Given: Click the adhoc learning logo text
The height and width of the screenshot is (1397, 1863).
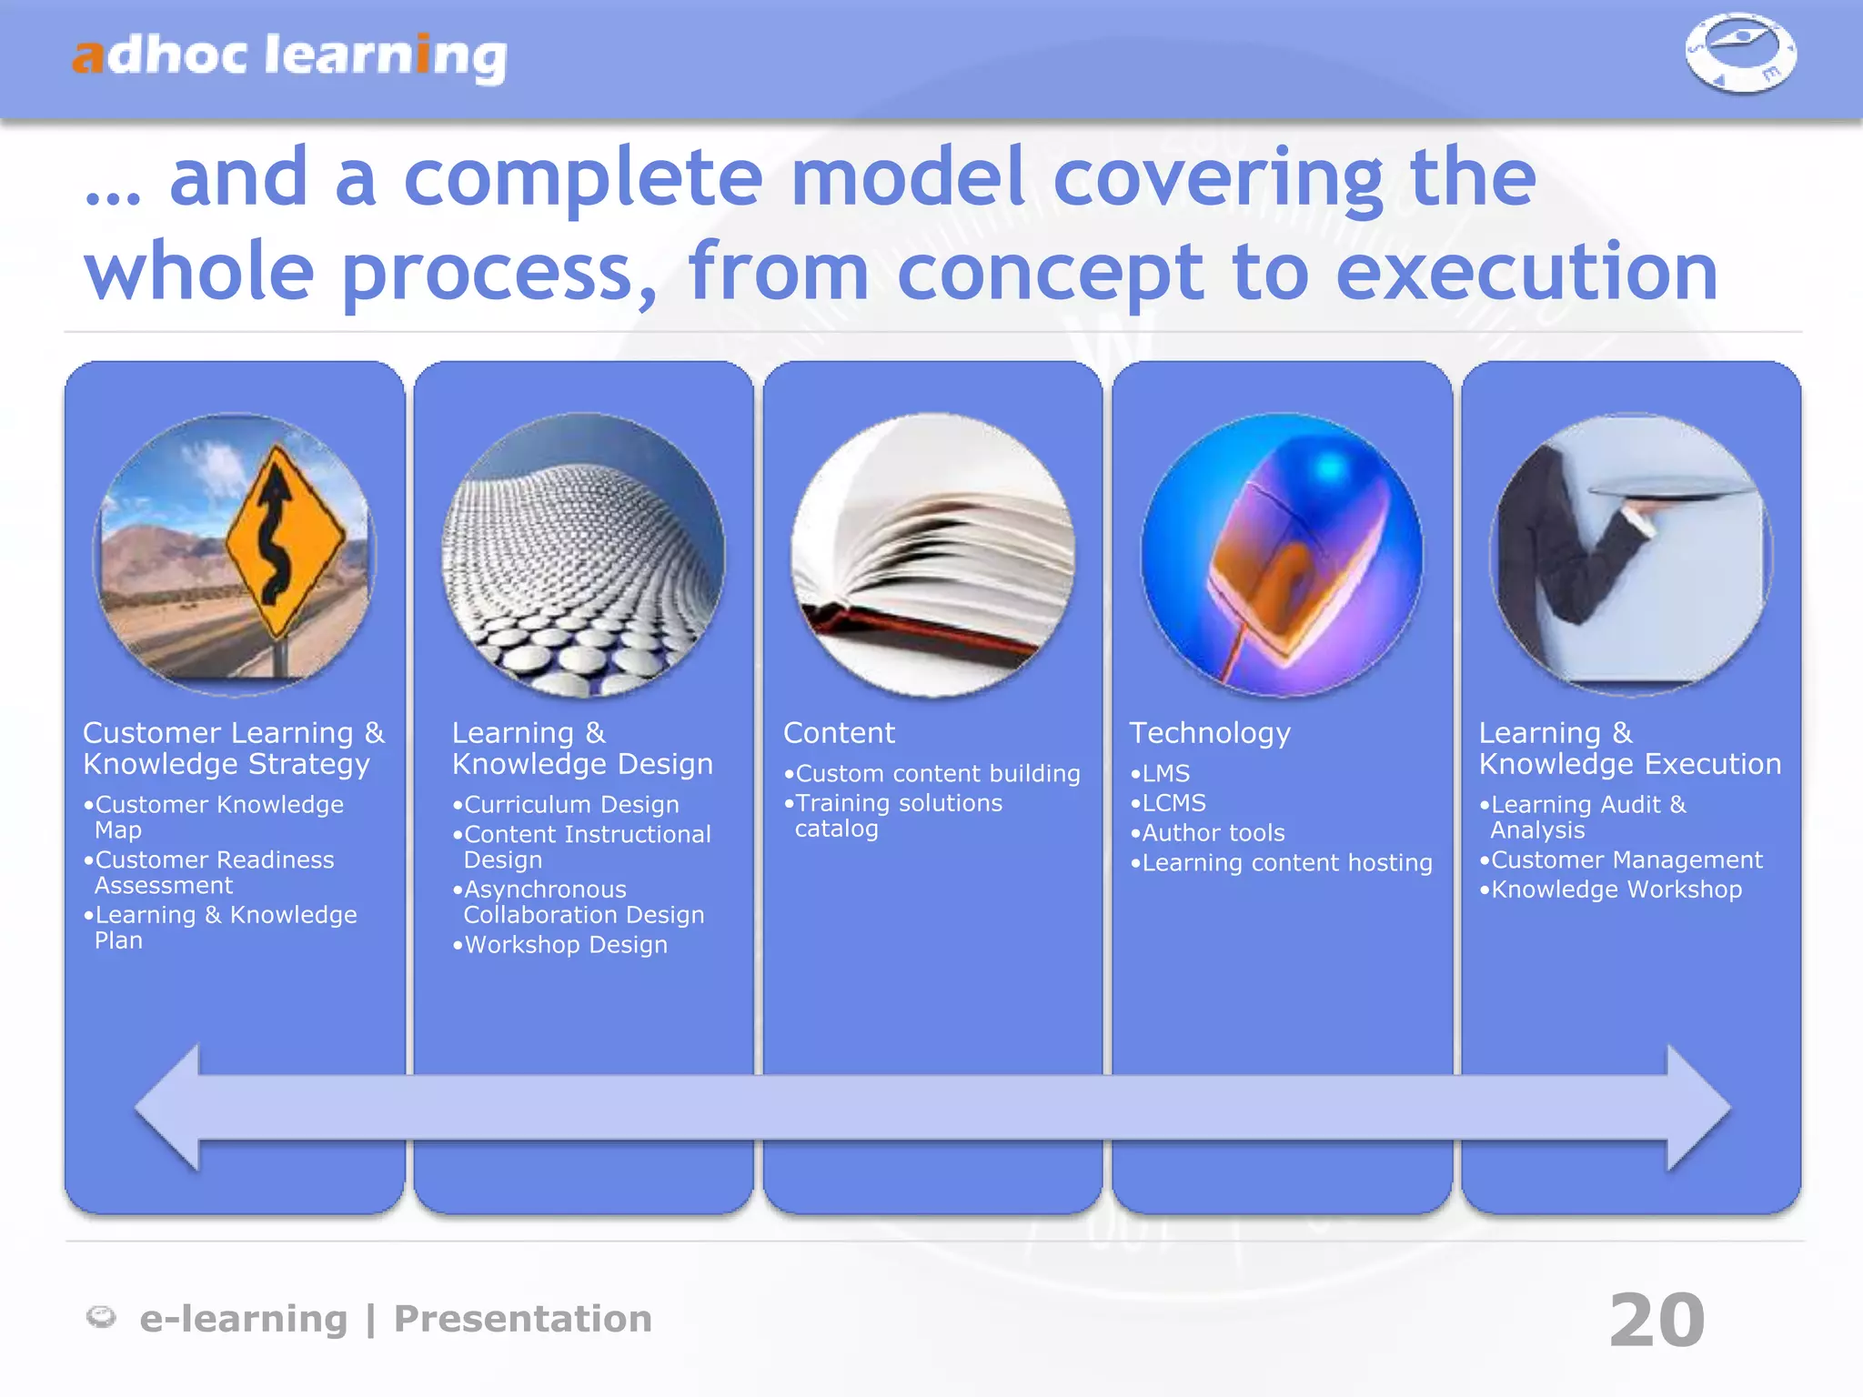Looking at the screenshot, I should [x=289, y=56].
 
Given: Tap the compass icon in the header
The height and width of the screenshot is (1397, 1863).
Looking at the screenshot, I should [x=1740, y=53].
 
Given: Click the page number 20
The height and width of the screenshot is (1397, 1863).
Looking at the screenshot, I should [x=1657, y=1320].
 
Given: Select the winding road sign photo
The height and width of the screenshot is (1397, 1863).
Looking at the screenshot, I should [x=235, y=555].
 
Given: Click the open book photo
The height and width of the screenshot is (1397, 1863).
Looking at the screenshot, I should [x=932, y=555].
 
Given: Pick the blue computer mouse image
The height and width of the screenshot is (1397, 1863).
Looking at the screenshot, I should [x=1282, y=555].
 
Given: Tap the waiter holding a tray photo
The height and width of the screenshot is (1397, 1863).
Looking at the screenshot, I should [x=1631, y=555].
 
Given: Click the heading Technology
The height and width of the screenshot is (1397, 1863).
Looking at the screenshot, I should [x=1210, y=733].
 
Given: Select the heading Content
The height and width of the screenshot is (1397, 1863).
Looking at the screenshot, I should [x=839, y=733].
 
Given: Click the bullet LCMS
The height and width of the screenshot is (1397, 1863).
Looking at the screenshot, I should [x=1173, y=803].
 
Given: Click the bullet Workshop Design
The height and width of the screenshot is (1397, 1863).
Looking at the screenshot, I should [x=565, y=945].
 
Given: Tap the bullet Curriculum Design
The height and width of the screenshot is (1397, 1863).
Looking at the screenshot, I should [x=570, y=805].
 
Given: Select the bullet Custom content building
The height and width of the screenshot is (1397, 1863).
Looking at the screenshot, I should [x=937, y=774].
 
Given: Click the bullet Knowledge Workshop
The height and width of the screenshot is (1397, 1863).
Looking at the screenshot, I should [x=1616, y=889].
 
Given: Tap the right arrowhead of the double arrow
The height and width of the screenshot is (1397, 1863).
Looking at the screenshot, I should [x=1697, y=1107].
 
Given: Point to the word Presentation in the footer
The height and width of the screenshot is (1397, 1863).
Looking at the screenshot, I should [x=522, y=1319].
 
